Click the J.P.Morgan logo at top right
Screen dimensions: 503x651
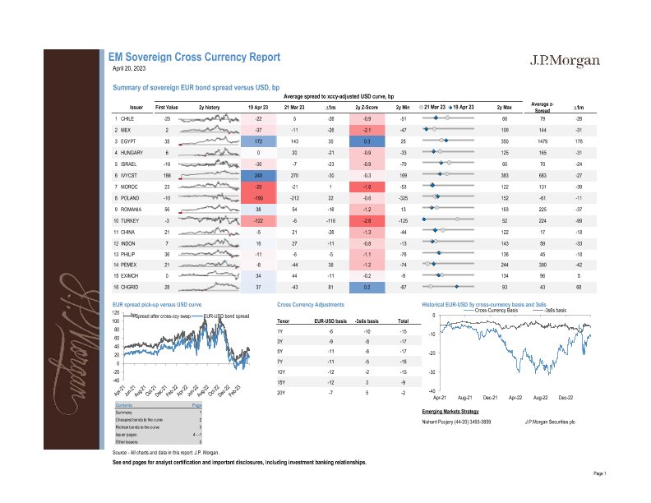566,62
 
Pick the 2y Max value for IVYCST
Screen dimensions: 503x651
505,175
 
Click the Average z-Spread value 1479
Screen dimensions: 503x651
541,141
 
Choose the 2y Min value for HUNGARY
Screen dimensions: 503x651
404,153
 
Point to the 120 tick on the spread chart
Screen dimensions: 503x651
116,313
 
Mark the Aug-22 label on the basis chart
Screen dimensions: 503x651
540,397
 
